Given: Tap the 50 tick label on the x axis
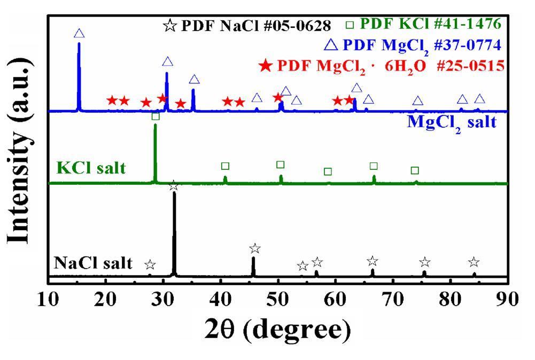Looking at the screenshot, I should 278,299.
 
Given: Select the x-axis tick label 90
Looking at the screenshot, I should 507,299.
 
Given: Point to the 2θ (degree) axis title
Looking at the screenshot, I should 278,330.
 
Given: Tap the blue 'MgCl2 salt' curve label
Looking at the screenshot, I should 452,122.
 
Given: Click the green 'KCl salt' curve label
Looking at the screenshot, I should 91,168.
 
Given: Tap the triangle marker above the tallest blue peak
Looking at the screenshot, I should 79,34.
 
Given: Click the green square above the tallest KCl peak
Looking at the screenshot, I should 155,116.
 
